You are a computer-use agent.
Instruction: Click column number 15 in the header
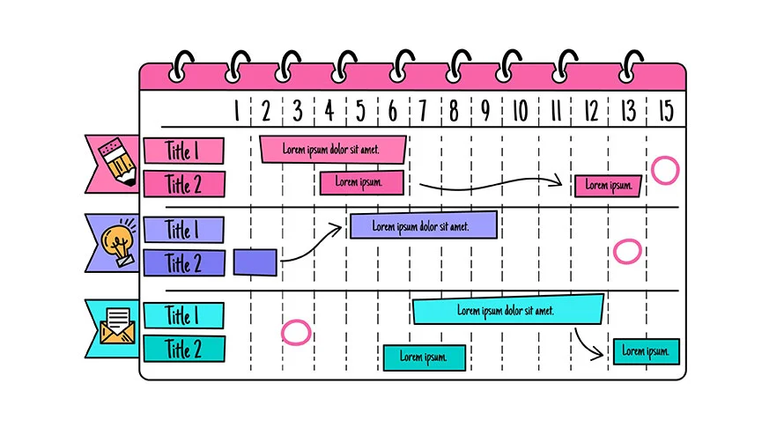tap(665, 111)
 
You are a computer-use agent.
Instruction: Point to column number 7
tap(423, 111)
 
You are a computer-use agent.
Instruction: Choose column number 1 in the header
tap(236, 111)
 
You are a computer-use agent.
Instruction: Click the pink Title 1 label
tap(183, 151)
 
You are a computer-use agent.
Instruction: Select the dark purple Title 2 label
tap(183, 262)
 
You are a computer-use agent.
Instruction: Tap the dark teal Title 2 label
tap(183, 349)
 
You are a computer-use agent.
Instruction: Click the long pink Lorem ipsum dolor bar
tap(333, 149)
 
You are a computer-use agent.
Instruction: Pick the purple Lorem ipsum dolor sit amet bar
tap(423, 225)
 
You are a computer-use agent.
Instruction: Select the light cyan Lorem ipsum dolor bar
tap(508, 310)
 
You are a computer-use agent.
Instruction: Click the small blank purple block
tap(255, 262)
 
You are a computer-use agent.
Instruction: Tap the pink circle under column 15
tap(665, 169)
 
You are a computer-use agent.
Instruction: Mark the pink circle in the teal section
tap(297, 332)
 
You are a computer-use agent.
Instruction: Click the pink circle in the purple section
tap(627, 251)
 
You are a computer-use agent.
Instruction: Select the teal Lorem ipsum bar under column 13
tap(647, 351)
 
